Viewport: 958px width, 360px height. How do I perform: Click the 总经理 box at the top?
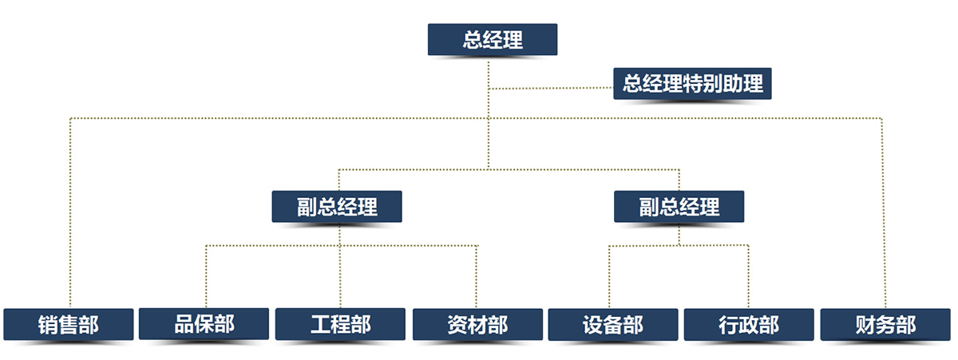(492, 40)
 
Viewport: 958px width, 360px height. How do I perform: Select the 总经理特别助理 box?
(692, 83)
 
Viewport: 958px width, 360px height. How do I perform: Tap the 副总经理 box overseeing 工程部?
(336, 206)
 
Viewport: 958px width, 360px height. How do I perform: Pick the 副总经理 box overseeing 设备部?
(679, 206)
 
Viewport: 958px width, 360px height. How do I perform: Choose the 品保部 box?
(204, 324)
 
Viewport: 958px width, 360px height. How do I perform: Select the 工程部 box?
(340, 324)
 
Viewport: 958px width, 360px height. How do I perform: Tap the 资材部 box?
(477, 325)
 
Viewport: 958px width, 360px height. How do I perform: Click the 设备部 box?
(612, 325)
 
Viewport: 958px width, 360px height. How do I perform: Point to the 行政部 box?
(749, 325)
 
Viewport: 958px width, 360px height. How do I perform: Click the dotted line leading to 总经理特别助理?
(551, 88)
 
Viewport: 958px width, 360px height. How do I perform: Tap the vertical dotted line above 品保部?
(206, 275)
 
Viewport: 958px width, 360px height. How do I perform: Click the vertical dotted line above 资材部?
(477, 275)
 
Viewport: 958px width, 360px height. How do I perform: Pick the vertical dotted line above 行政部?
(749, 275)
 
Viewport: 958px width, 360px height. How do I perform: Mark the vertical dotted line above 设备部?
(609, 275)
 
